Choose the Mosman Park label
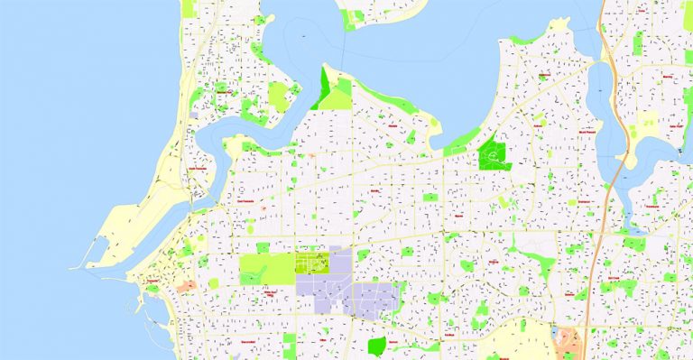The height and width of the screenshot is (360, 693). pos(221,90)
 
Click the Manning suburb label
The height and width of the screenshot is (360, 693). pos(668,77)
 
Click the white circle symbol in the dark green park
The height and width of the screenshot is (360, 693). pos(493,155)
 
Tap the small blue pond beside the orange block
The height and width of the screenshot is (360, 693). pos(554,334)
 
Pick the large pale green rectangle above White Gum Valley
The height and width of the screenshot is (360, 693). pos(266,269)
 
